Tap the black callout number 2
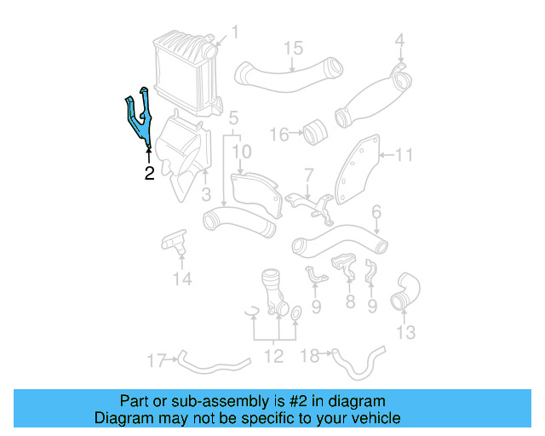point(149,175)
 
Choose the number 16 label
point(279,134)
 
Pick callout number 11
point(404,155)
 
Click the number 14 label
point(181,278)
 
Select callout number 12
point(272,356)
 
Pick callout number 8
point(349,301)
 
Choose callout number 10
point(242,152)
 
